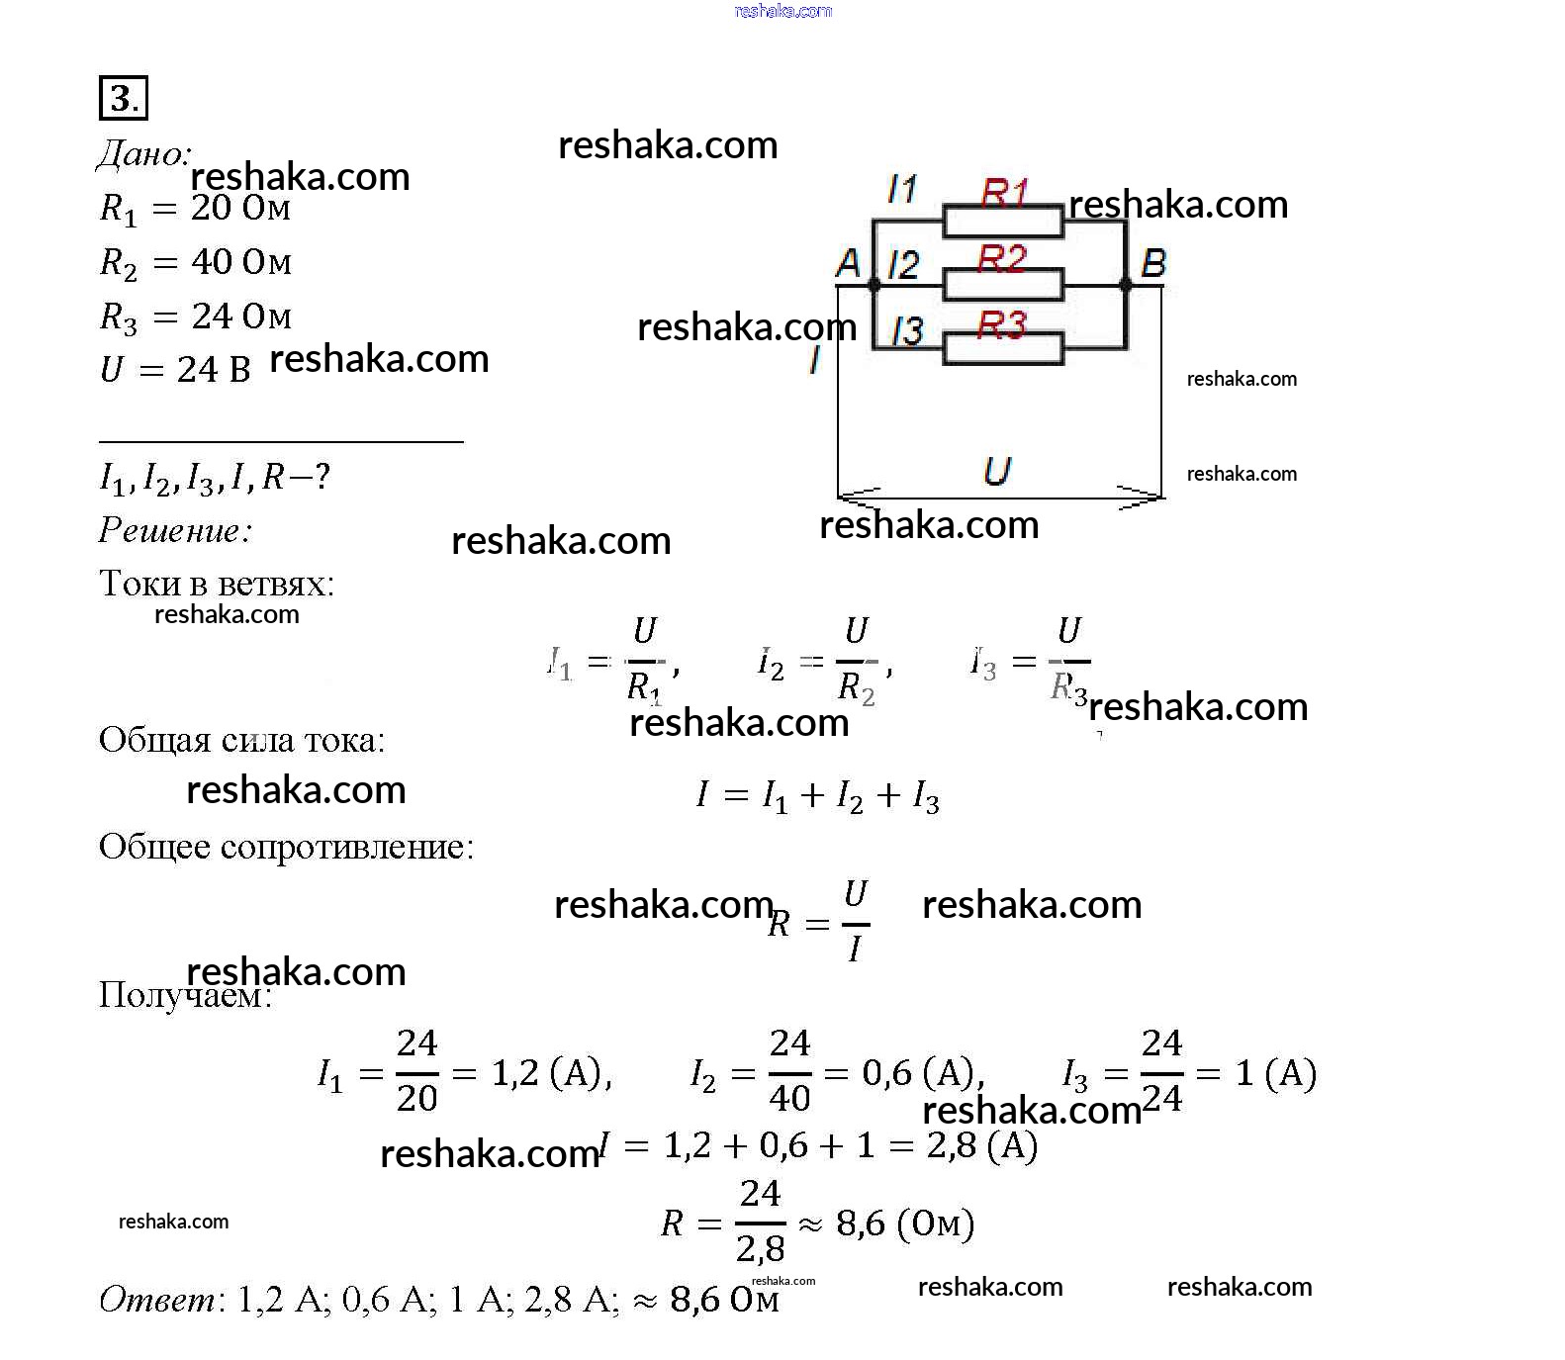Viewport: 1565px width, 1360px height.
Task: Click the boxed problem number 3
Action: click(x=123, y=98)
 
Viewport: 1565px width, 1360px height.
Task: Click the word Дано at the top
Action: click(x=142, y=154)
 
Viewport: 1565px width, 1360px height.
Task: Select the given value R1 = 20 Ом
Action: click(x=195, y=209)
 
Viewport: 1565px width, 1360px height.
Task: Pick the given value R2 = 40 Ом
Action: click(x=195, y=263)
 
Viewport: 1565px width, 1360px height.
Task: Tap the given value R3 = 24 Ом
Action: click(x=195, y=317)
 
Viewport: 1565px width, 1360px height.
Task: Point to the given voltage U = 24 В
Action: click(x=175, y=370)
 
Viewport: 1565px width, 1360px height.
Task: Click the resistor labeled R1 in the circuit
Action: click(x=1003, y=222)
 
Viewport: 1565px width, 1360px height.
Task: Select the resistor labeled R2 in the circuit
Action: click(x=1003, y=285)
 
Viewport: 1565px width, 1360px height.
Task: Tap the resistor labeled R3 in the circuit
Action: click(x=1003, y=348)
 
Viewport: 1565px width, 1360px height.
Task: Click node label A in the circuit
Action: click(x=849, y=263)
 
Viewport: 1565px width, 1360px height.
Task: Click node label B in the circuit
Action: click(x=1153, y=263)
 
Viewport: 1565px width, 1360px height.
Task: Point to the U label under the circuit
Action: click(x=997, y=470)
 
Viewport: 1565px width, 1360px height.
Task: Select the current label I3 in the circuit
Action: click(x=906, y=330)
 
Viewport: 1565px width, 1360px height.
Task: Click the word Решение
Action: click(x=175, y=531)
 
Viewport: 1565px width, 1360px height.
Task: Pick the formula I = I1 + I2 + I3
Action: click(x=817, y=795)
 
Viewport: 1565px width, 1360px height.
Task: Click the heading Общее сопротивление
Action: click(x=286, y=847)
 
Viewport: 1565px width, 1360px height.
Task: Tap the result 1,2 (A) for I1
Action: click(x=551, y=1073)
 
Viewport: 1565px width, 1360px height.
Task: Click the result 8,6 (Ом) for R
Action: click(x=904, y=1224)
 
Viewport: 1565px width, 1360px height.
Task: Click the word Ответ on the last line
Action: click(x=157, y=1299)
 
